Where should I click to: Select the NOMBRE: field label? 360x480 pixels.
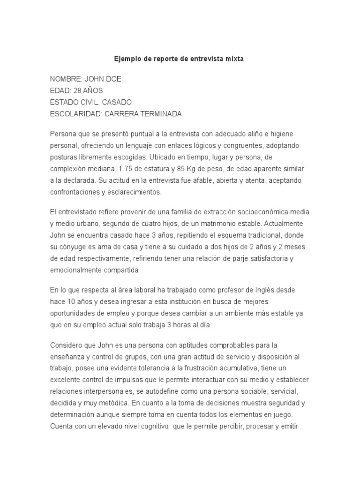pyautogui.click(x=66, y=79)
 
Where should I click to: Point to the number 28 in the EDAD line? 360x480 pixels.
pyautogui.click(x=78, y=90)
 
